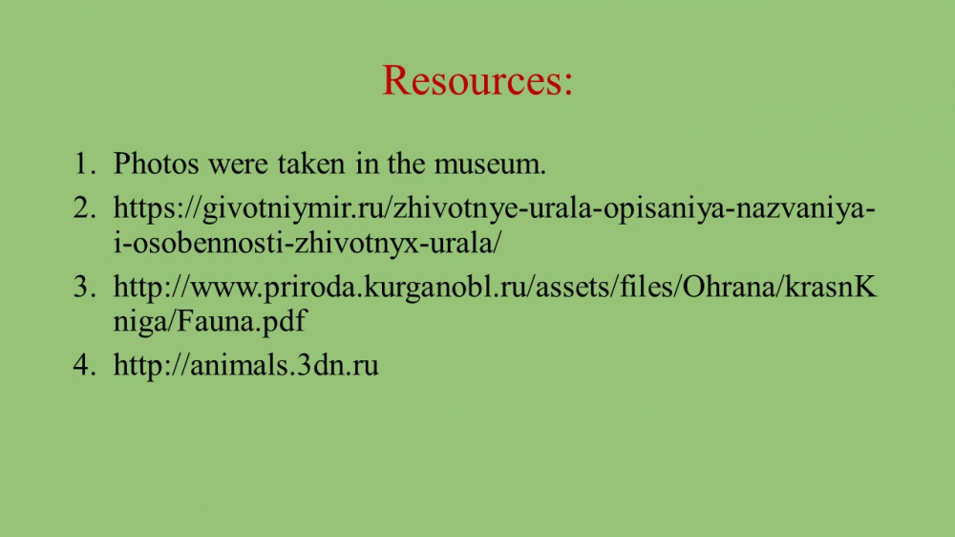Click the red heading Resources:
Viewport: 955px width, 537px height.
[477, 80]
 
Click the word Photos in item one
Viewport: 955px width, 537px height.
[156, 163]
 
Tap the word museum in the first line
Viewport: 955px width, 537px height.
[490, 163]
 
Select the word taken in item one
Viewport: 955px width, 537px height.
[311, 163]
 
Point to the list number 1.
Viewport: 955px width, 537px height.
[84, 163]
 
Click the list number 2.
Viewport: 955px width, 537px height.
[84, 208]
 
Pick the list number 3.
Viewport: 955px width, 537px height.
[84, 287]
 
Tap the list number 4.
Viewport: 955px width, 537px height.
[84, 364]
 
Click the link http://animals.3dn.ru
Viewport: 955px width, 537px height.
[246, 364]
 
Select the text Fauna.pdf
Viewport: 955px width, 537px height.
[242, 321]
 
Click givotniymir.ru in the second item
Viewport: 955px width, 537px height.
[291, 209]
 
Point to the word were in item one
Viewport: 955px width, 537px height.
[238, 164]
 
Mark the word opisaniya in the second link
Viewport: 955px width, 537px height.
[667, 209]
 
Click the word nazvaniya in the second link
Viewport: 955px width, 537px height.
[801, 209]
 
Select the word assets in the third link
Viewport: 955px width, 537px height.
[574, 287]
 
